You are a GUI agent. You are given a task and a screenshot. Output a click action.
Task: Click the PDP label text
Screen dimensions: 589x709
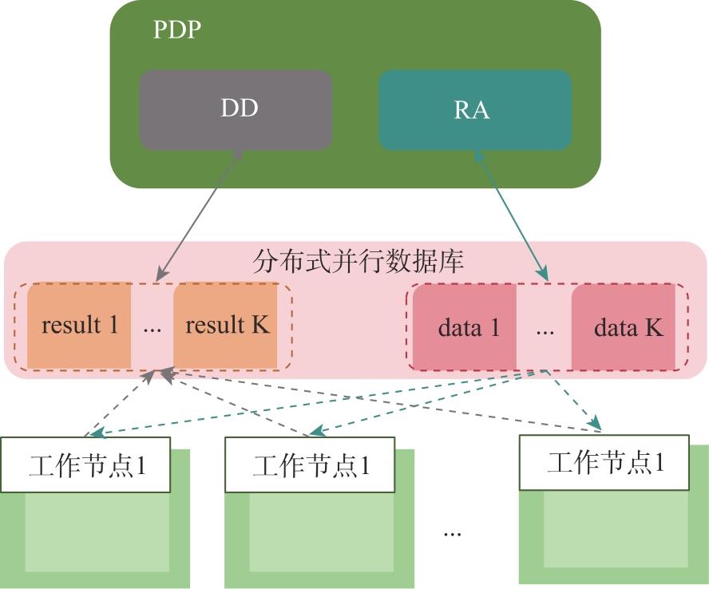coord(176,30)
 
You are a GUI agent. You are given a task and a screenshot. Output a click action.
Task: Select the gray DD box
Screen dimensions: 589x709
coord(236,109)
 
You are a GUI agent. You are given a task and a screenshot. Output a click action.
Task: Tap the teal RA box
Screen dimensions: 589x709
coord(474,109)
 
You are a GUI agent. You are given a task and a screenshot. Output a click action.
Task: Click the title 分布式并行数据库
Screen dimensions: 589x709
coord(357,262)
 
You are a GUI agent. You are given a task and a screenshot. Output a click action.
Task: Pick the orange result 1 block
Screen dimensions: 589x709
coord(80,326)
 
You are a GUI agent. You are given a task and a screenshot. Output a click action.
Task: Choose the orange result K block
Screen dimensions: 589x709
coord(227,326)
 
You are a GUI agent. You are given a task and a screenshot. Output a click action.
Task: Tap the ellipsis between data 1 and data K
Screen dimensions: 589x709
coord(545,328)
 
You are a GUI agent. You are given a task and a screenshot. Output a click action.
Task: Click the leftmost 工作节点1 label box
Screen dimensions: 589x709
coord(86,464)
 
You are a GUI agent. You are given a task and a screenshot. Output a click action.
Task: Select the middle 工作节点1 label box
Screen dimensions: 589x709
coord(311,464)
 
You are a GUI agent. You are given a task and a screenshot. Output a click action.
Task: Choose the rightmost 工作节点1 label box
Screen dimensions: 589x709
coord(604,461)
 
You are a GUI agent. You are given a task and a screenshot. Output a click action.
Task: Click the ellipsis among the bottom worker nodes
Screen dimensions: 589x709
coord(452,531)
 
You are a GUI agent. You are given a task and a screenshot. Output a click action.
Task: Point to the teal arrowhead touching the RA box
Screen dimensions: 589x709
coord(478,156)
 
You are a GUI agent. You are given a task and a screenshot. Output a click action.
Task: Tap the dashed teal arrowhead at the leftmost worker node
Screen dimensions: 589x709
coord(97,434)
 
